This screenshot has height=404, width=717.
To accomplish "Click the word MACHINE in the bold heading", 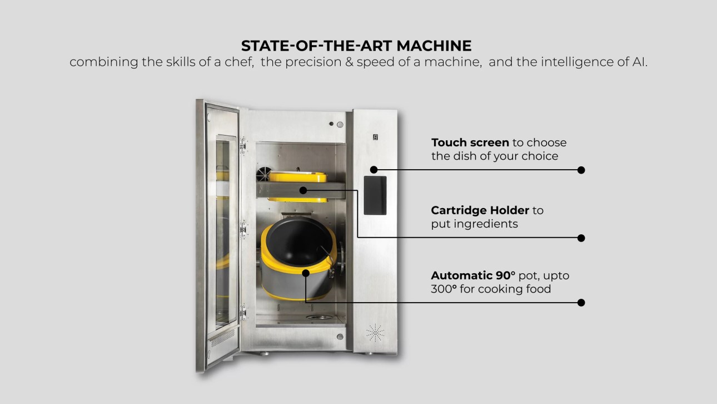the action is click(x=434, y=46).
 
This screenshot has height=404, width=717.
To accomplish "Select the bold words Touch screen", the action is click(x=470, y=142).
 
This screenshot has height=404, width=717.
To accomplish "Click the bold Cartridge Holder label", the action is click(x=480, y=210).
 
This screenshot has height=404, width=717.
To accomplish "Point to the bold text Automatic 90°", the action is click(x=473, y=275).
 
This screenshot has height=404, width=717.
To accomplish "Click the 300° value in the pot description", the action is click(x=444, y=289).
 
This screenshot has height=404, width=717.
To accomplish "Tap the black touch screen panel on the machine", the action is click(x=375, y=195).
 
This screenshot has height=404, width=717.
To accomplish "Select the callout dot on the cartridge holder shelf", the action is click(x=303, y=191).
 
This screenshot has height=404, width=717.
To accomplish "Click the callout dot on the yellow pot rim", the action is click(x=306, y=273).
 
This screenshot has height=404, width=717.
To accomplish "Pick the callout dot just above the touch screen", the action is click(x=374, y=170).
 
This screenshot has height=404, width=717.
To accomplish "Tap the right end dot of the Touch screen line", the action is click(x=581, y=170).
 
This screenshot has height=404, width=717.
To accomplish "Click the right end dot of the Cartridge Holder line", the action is click(x=581, y=238).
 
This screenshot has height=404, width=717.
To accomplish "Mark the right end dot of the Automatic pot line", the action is click(x=581, y=303).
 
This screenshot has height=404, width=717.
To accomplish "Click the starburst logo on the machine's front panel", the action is click(x=375, y=333).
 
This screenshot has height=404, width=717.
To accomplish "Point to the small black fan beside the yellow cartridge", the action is click(x=264, y=174).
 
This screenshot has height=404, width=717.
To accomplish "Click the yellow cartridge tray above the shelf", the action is click(x=298, y=177).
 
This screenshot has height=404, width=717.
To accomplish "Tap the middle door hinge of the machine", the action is click(x=243, y=229).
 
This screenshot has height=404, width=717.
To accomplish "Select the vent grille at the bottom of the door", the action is click(x=223, y=338).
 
